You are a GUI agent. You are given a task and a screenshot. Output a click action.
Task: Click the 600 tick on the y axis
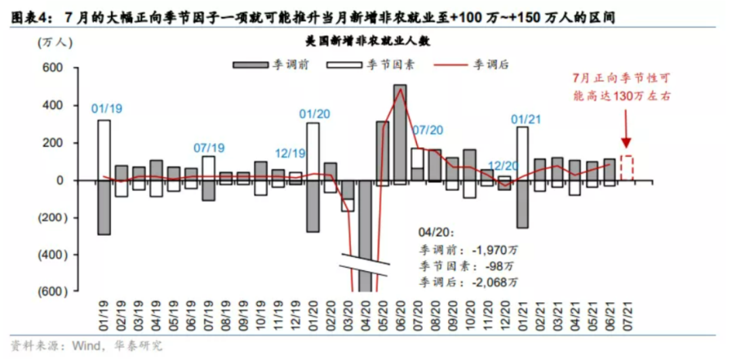pos(53,68)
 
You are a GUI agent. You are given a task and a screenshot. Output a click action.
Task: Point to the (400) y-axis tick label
pos(49,255)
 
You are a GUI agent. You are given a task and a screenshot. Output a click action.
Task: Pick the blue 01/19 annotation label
pos(106,108)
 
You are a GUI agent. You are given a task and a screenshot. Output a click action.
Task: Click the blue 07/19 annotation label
pos(208,147)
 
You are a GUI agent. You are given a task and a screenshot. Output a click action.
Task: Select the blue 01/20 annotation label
pos(314,113)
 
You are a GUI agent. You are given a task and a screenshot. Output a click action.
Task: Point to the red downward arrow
pos(626,129)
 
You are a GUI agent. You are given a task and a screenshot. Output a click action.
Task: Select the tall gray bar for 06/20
pos(400,132)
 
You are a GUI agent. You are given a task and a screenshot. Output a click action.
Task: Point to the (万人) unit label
pos(52,42)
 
